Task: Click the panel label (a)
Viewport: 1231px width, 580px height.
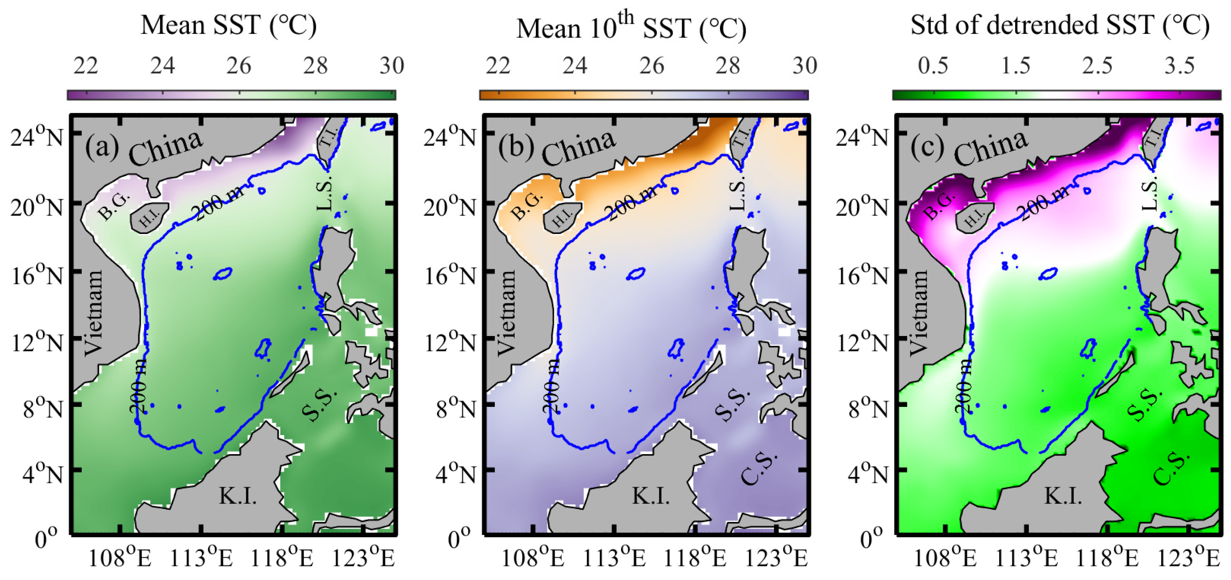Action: (x=102, y=147)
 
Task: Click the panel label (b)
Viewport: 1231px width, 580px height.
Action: (x=515, y=147)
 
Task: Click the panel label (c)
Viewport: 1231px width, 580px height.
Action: (x=927, y=147)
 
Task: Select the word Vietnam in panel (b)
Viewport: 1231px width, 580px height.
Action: (x=507, y=313)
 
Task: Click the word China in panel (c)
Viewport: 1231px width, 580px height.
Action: (x=990, y=148)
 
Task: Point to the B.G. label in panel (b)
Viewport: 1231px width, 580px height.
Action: (x=527, y=206)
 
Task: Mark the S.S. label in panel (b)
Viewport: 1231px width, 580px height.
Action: (x=732, y=404)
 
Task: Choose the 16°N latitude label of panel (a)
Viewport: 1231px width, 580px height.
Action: (x=37, y=276)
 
